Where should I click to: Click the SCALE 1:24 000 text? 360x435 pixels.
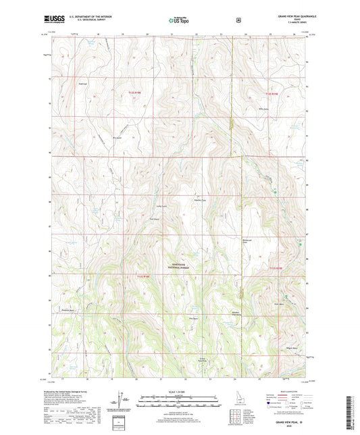[179, 391]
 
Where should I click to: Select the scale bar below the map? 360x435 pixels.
[179, 399]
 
